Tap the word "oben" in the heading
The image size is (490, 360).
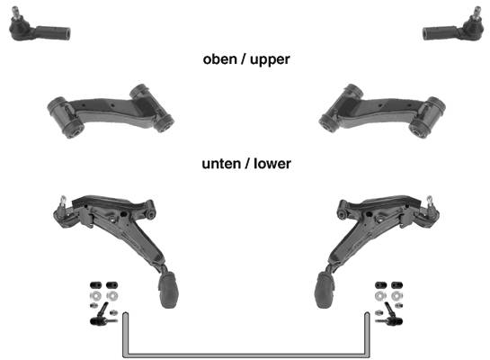pyautogui.click(x=219, y=59)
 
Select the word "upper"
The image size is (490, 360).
pyautogui.click(x=270, y=60)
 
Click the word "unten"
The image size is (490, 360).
pyautogui.click(x=221, y=164)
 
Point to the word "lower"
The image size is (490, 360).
pyautogui.click(x=272, y=164)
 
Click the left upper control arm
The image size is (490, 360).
pyautogui.click(x=110, y=111)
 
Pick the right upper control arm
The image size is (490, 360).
pyautogui.click(x=382, y=111)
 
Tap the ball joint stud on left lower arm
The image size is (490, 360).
pyautogui.click(x=63, y=202)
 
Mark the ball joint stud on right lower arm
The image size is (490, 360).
pyautogui.click(x=430, y=202)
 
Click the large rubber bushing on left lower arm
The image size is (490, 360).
pyautogui.click(x=168, y=290)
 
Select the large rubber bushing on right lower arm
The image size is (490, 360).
pyautogui.click(x=325, y=290)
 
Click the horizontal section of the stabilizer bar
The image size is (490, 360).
pyautogui.click(x=246, y=355)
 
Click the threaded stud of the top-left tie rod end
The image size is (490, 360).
pyautogui.click(x=15, y=13)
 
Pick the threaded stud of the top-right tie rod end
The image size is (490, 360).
pyautogui.click(x=477, y=13)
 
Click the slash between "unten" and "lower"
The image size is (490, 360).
pyautogui.click(x=247, y=164)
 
